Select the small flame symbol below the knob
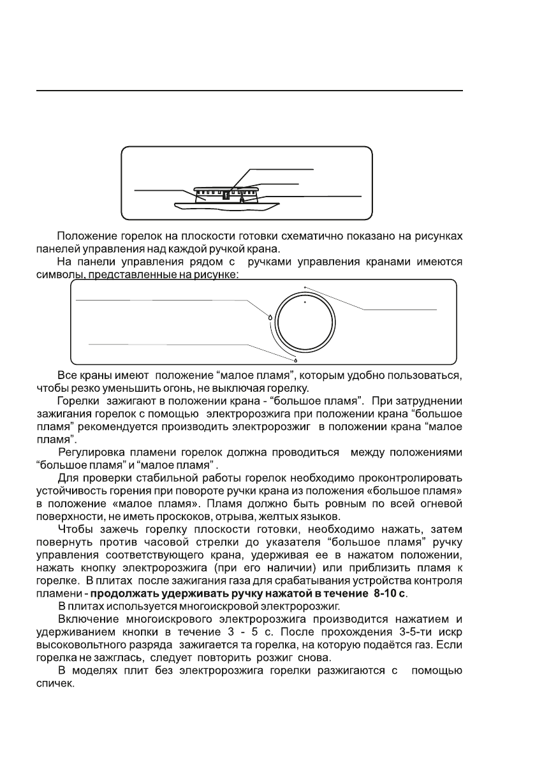point(296,359)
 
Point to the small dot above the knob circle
point(305,287)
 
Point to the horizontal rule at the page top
point(249,91)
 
